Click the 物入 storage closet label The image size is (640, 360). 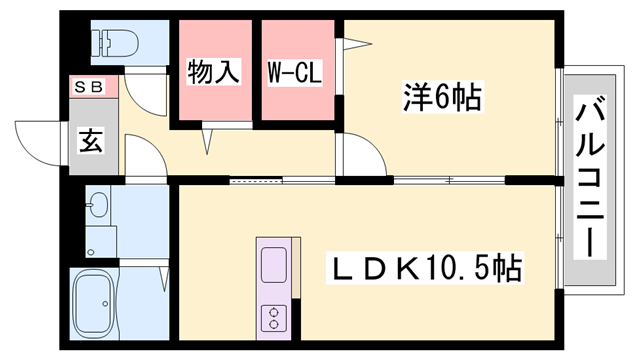pos(215,73)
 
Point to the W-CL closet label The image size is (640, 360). pos(293,73)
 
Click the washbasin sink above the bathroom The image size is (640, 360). pos(97,207)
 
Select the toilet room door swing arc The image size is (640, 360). pos(139,96)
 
